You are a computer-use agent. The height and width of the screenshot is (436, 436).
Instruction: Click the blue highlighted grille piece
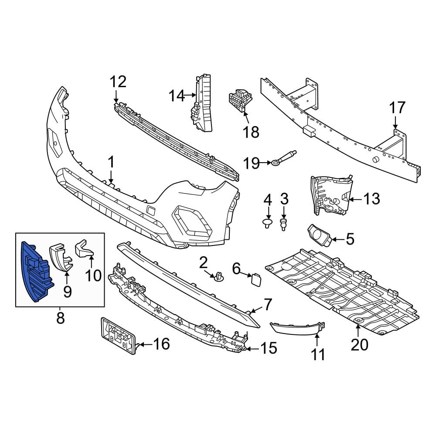click(36, 272)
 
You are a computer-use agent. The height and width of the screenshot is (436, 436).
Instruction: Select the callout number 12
click(118, 82)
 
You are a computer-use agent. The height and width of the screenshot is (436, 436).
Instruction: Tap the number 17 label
click(397, 108)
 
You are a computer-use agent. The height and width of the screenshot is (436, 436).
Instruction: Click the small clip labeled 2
click(219, 277)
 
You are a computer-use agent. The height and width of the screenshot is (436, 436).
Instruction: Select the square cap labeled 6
click(255, 279)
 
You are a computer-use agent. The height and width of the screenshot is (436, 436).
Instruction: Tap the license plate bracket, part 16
click(119, 336)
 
